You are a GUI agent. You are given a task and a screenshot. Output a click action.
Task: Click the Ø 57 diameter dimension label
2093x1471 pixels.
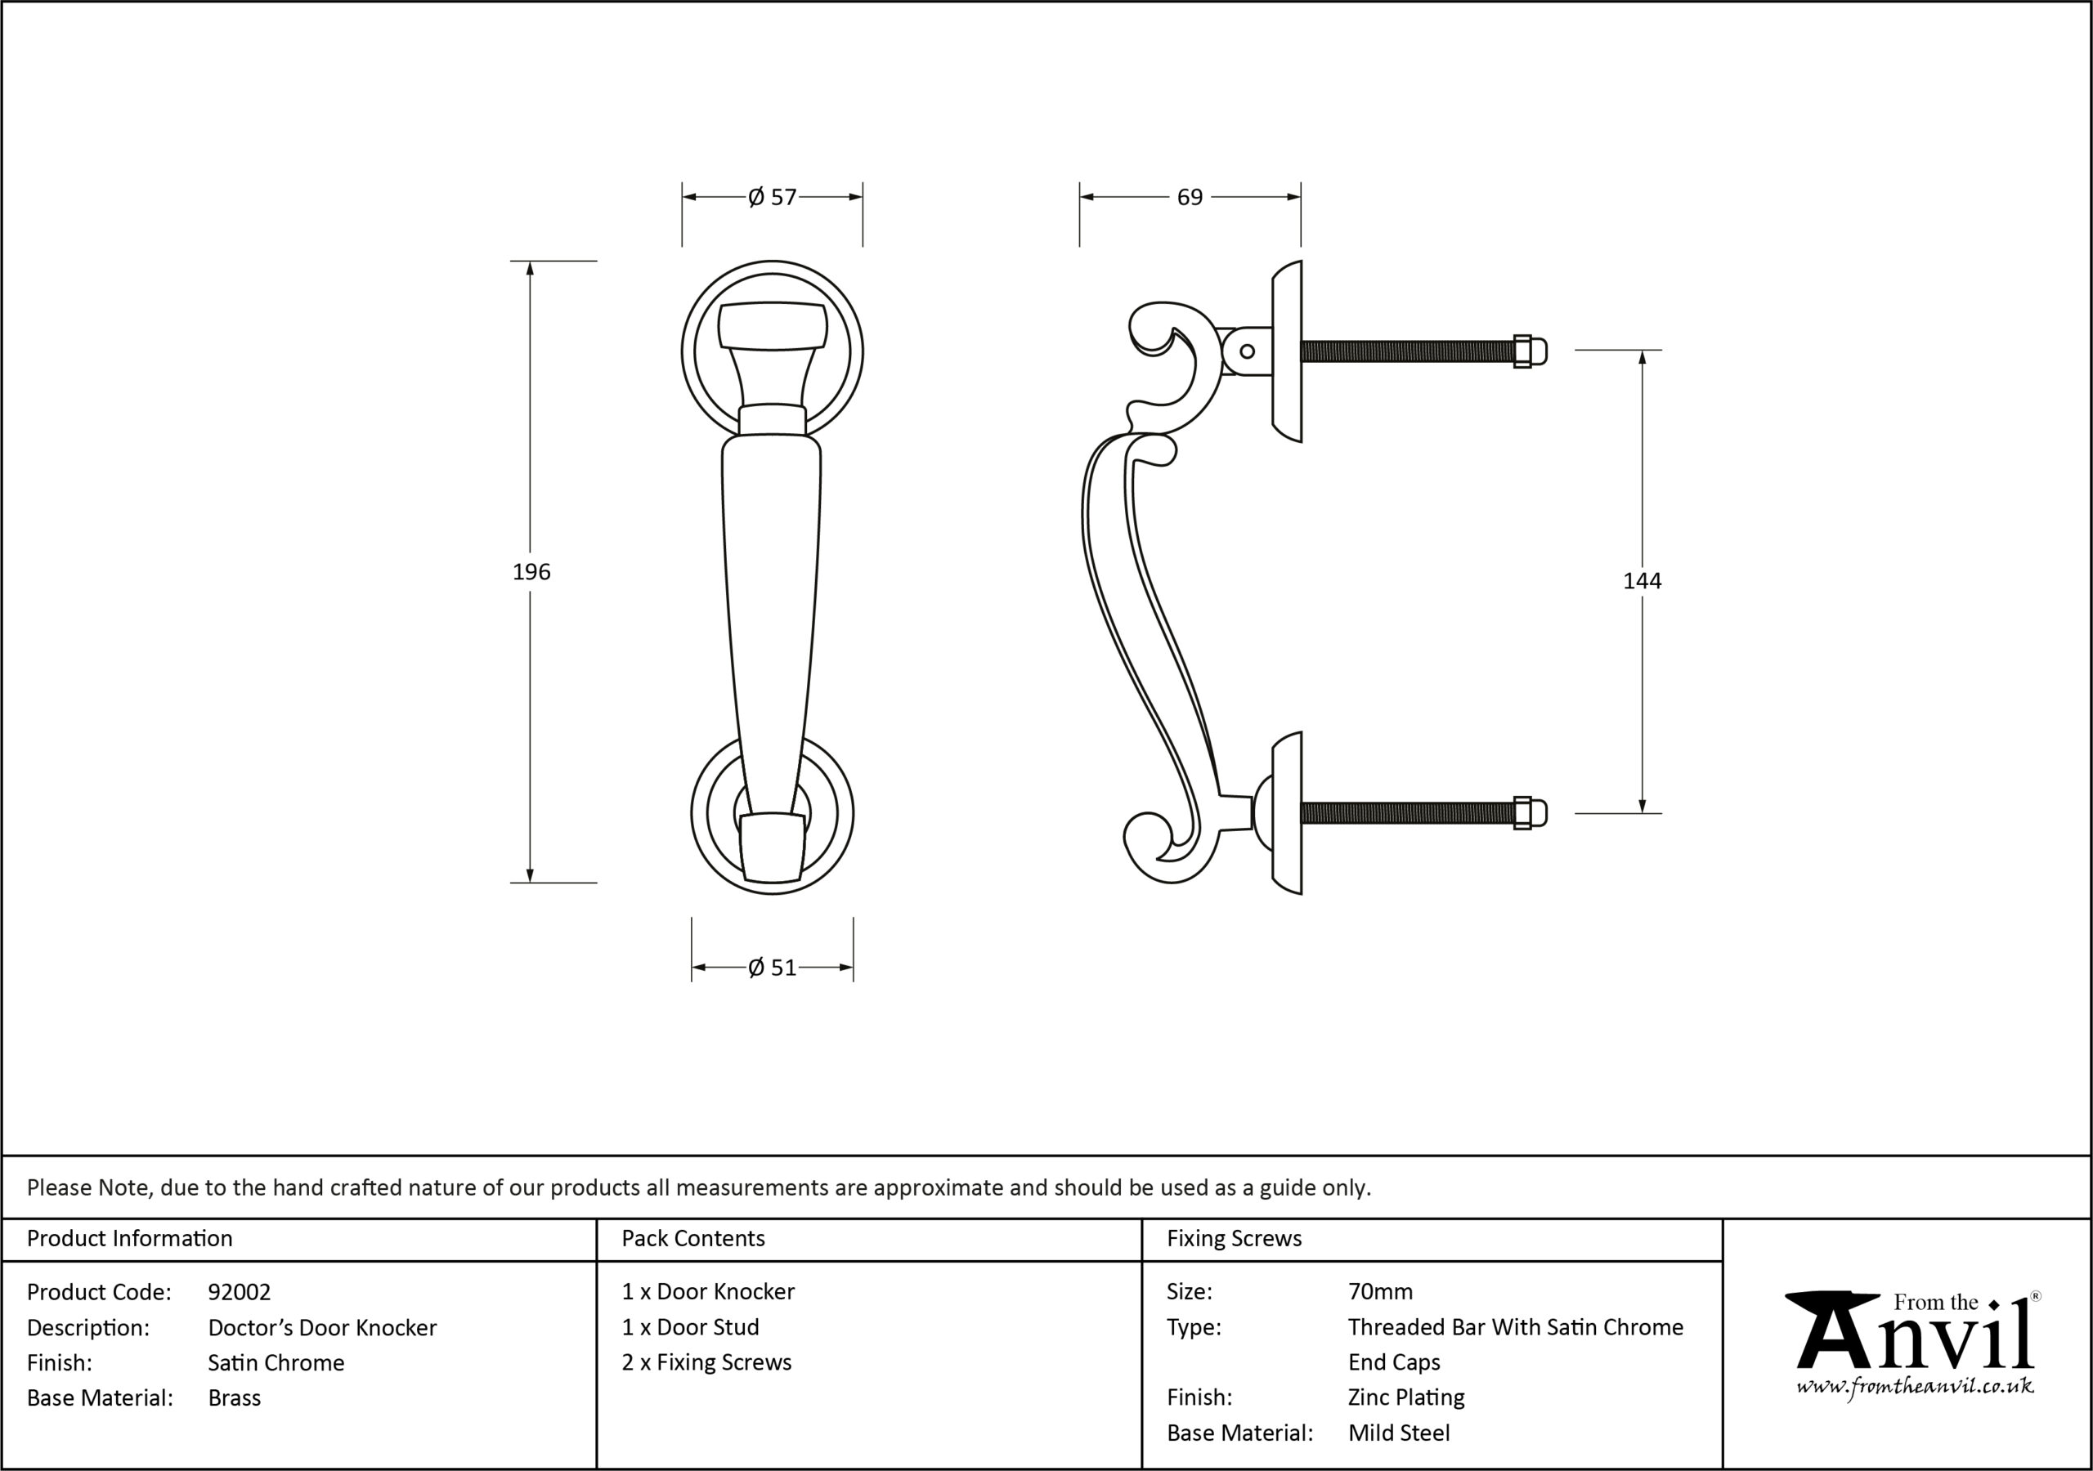pos(772,197)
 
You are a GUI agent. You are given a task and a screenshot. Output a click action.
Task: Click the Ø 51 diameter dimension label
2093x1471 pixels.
pos(772,967)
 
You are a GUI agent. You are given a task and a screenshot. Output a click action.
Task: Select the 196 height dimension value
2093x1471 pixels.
pos(531,571)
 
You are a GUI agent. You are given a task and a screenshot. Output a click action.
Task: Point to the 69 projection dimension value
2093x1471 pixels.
pos(1190,197)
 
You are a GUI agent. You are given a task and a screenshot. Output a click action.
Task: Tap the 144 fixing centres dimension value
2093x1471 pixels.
pos(1642,580)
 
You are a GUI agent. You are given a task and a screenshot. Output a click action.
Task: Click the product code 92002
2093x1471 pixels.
pos(240,1291)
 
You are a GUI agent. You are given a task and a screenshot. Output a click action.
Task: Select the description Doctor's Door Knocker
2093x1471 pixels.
pos(323,1327)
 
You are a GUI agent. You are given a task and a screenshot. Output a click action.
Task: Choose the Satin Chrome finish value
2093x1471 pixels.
pos(276,1362)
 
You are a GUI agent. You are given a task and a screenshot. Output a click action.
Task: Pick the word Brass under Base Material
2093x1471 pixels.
pos(235,1397)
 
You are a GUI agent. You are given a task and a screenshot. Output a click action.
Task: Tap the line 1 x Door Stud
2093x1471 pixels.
pos(690,1327)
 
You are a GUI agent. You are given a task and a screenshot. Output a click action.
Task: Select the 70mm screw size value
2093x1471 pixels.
pos(1380,1291)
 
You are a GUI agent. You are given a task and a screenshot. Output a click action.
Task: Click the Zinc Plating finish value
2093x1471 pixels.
pos(1406,1397)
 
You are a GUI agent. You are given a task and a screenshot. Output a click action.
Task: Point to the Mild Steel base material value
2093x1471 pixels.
pos(1399,1433)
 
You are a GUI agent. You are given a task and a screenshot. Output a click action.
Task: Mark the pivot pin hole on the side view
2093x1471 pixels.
pos(1247,351)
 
